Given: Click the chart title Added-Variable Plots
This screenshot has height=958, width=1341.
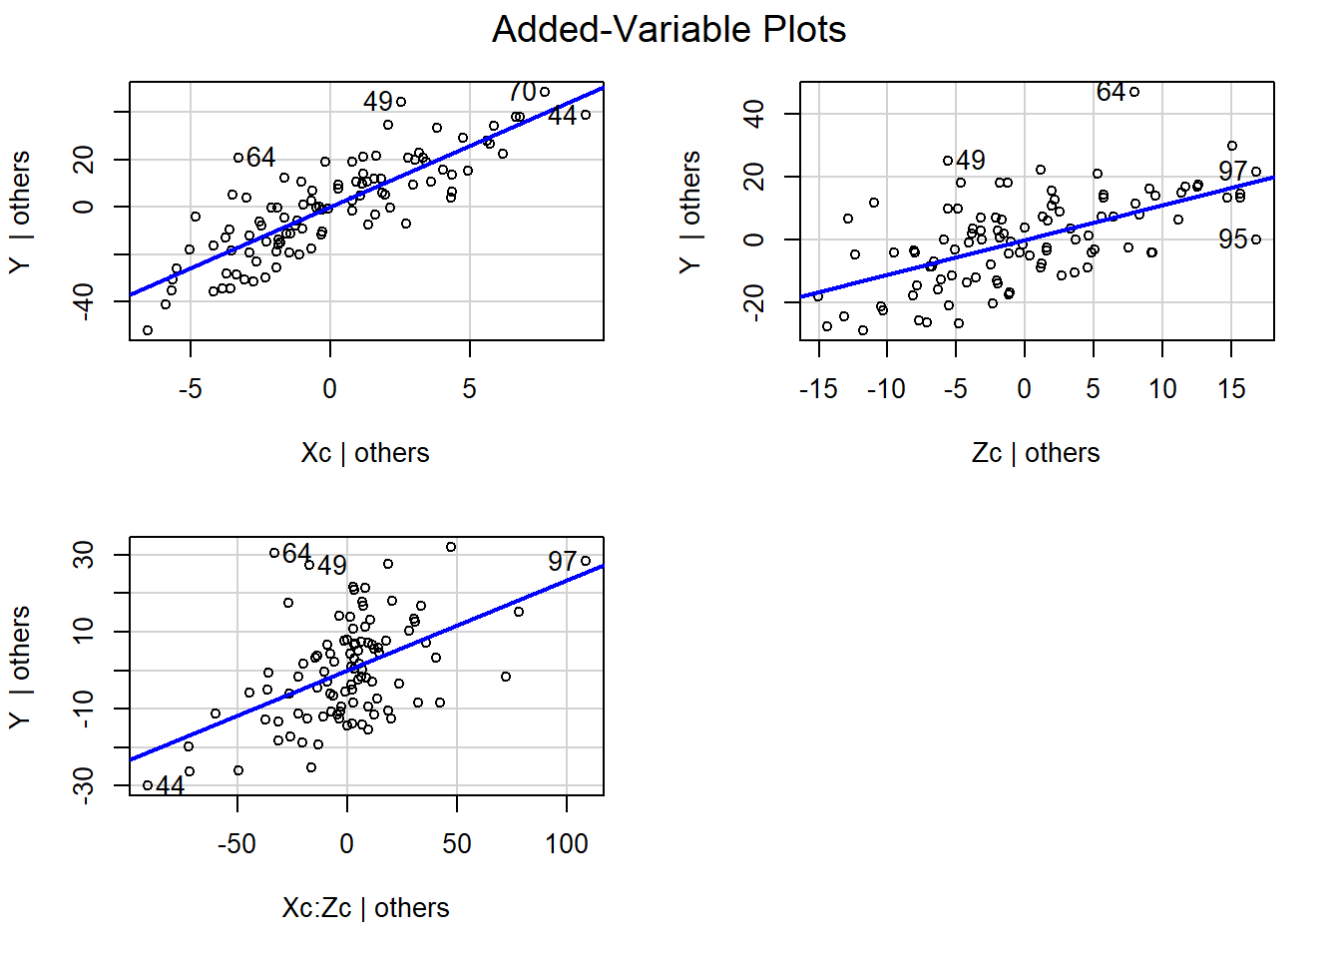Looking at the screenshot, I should tap(669, 30).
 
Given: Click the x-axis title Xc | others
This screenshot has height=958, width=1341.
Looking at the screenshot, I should tap(365, 453).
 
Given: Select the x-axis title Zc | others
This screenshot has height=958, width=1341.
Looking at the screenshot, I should tap(1036, 453).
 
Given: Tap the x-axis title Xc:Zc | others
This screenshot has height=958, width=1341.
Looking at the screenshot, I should tap(365, 908).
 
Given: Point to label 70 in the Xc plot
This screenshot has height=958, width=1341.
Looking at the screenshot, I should tap(522, 92).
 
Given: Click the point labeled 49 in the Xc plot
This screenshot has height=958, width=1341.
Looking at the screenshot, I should tap(401, 102).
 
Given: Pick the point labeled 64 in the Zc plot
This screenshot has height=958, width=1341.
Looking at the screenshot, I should tap(1134, 92).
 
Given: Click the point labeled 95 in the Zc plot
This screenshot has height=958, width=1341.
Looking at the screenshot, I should tap(1256, 239).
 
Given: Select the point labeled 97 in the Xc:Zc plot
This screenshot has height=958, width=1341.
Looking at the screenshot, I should tap(586, 561).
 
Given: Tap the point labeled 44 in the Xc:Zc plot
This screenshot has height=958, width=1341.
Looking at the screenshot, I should tap(148, 785).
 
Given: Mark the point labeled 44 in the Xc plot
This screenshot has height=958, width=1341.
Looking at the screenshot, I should tap(586, 115).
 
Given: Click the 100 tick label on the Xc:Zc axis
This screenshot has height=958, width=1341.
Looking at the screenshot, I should tap(567, 844).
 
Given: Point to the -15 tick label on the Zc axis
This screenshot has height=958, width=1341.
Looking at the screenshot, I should tap(818, 389).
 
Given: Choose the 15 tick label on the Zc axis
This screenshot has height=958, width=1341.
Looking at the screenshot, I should tap(1231, 389).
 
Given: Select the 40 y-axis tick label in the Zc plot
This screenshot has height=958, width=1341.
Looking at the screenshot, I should tap(754, 114).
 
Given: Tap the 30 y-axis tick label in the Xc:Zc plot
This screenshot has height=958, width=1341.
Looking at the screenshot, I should tap(84, 555).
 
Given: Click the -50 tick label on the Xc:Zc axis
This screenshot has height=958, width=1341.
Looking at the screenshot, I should tap(236, 844).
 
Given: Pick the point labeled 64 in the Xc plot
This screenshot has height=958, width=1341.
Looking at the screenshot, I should tap(238, 158).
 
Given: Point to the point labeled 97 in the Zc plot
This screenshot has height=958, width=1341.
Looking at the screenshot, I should tap(1256, 172).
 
